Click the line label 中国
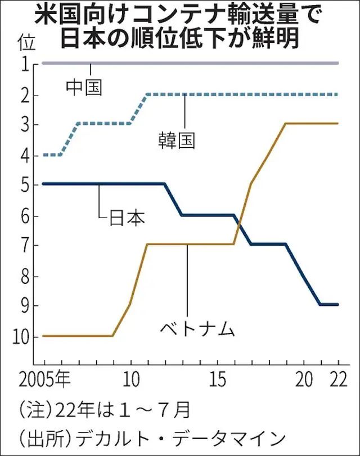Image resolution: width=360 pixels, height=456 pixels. (84, 87)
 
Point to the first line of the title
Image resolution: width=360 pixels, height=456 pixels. (179, 14)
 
